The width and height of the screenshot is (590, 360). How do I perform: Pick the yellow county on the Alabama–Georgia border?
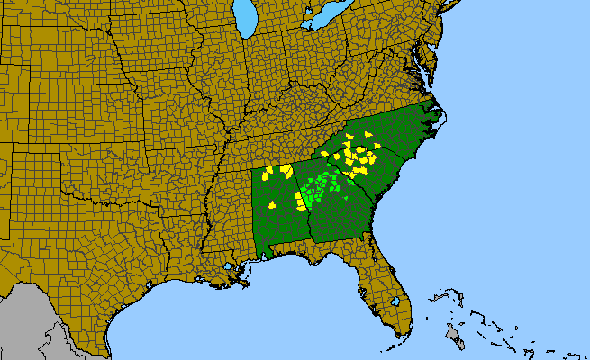[x=301, y=200]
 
